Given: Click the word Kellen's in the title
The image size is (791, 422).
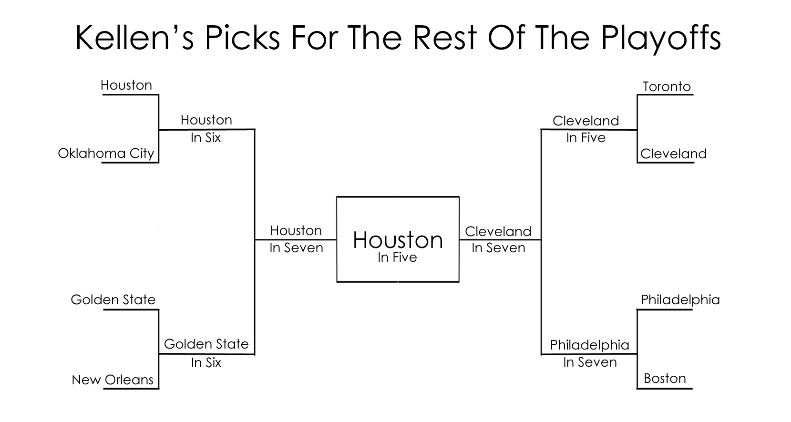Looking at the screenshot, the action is pos(134,38).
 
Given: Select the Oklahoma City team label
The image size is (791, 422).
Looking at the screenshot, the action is pos(106,154).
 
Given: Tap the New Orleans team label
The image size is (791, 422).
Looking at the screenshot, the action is pos(113,380).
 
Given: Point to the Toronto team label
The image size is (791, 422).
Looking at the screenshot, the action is pos(667,86).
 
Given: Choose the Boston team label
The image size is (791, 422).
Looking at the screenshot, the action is pos(665,378).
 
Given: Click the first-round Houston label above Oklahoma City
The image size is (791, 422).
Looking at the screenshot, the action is pos(126,85).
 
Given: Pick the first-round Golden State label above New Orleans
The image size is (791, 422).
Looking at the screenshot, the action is pos(113,299).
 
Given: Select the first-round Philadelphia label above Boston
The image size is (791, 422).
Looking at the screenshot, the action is pos(680,300).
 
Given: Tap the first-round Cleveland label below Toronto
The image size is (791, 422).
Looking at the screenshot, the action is pos(674,154).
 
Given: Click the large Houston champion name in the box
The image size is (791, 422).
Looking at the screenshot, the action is pos(398,240).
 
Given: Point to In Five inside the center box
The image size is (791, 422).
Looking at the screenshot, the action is pos(398,257).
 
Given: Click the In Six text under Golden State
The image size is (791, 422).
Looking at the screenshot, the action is pos(206,363).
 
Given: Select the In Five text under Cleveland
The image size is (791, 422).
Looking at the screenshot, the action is pos(586,137).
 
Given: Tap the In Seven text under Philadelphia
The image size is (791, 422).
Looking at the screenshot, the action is pos(590,362).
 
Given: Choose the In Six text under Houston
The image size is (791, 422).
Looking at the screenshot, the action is pos(206,137).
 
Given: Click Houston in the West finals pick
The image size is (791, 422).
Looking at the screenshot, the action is pos(296,231).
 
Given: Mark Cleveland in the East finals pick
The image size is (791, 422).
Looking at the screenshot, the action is pos(498,231).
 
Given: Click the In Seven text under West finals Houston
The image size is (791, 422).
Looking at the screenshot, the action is pos(296,247).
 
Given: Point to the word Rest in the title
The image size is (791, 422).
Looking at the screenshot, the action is pos(444,38).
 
